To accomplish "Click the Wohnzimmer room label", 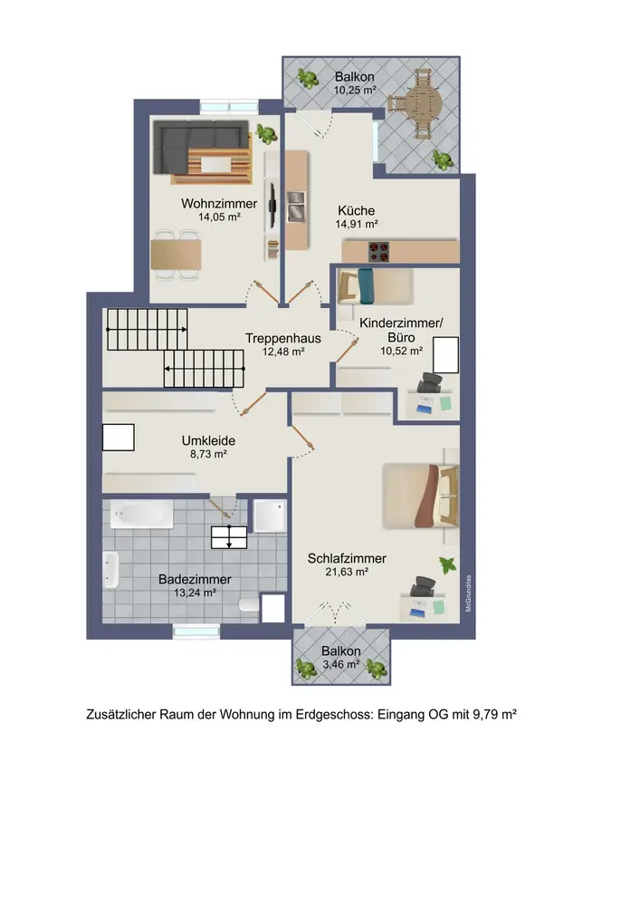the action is pos(219,203).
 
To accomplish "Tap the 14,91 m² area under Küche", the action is pos(357,224).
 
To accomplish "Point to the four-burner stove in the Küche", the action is pos(379,251).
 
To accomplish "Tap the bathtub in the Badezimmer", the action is pos(141,515).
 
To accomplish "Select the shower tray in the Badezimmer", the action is pos(270,516).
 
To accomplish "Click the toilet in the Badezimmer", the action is pos(249,605).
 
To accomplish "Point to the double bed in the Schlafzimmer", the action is pos(421,496).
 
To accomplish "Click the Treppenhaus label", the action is pos(282,338).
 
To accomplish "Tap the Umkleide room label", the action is pos(208,440).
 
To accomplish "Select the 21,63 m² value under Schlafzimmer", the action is pos(347,572).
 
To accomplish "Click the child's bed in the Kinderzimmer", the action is pos(376,286).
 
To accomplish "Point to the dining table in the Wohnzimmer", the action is pos(176,255).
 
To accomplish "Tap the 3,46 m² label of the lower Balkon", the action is pos(341,664).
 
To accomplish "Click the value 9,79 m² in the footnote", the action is pos(494,714).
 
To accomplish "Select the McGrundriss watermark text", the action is pos(469,593).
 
